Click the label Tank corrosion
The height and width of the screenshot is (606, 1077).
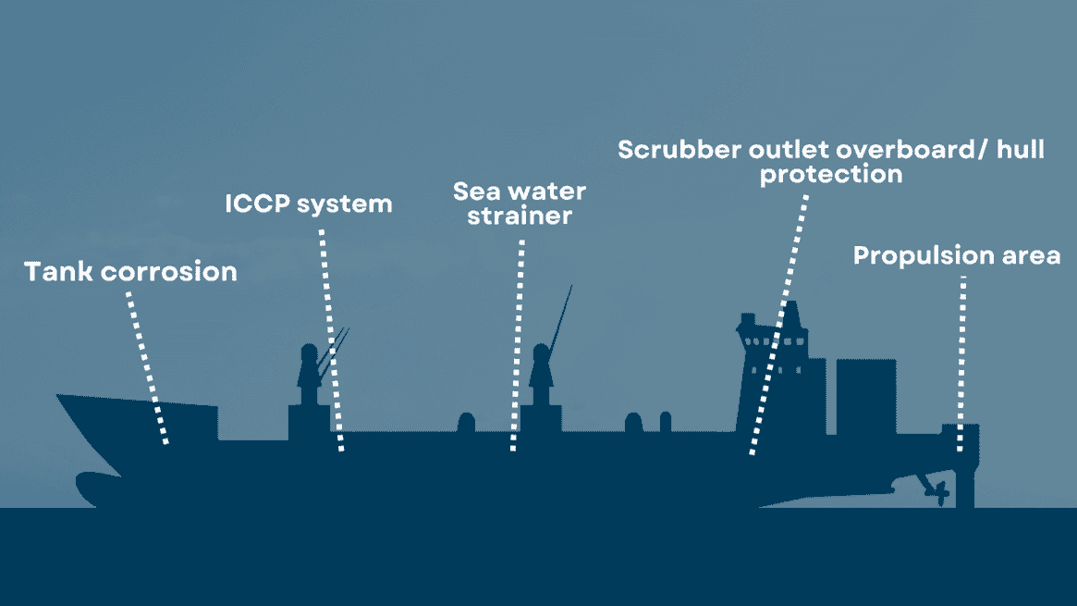pos(130,272)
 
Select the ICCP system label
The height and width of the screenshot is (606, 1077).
pos(309,204)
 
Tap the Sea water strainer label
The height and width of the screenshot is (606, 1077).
pos(519,204)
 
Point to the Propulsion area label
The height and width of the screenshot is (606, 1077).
pos(956,255)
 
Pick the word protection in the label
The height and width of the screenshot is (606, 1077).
pos(830,174)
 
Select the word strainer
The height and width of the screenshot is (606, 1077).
pos(519,217)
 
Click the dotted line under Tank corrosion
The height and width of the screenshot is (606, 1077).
pos(148,367)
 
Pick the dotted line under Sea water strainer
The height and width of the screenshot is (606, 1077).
pos(518,347)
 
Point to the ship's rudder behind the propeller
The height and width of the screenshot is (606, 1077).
pos(963,485)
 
